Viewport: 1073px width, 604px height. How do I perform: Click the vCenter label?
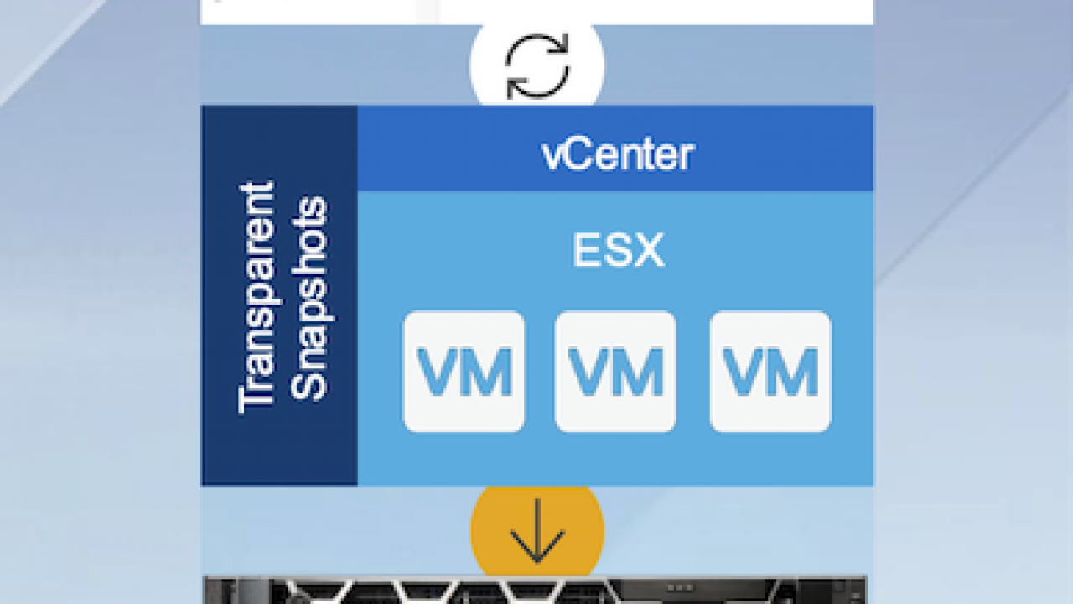pyautogui.click(x=618, y=154)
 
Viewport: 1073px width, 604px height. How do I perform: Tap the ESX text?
pyautogui.click(x=619, y=250)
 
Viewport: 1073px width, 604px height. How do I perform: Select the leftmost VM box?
pyautogui.click(x=464, y=372)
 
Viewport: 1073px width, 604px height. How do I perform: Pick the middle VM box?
pyautogui.click(x=615, y=372)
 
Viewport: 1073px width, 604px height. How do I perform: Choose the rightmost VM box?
pyautogui.click(x=770, y=372)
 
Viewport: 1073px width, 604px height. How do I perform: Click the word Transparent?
pyautogui.click(x=257, y=297)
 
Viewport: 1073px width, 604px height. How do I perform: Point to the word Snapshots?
pyautogui.click(x=310, y=298)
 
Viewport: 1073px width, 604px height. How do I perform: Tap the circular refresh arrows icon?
pyautogui.click(x=537, y=65)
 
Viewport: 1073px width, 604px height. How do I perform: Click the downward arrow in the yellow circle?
pyautogui.click(x=537, y=531)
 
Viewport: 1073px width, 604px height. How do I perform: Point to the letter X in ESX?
pyautogui.click(x=649, y=250)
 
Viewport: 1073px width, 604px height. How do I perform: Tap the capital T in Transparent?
pyautogui.click(x=257, y=398)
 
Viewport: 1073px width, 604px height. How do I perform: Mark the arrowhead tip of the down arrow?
pyautogui.click(x=537, y=562)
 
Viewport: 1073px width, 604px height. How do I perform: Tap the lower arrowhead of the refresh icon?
pyautogui.click(x=515, y=90)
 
